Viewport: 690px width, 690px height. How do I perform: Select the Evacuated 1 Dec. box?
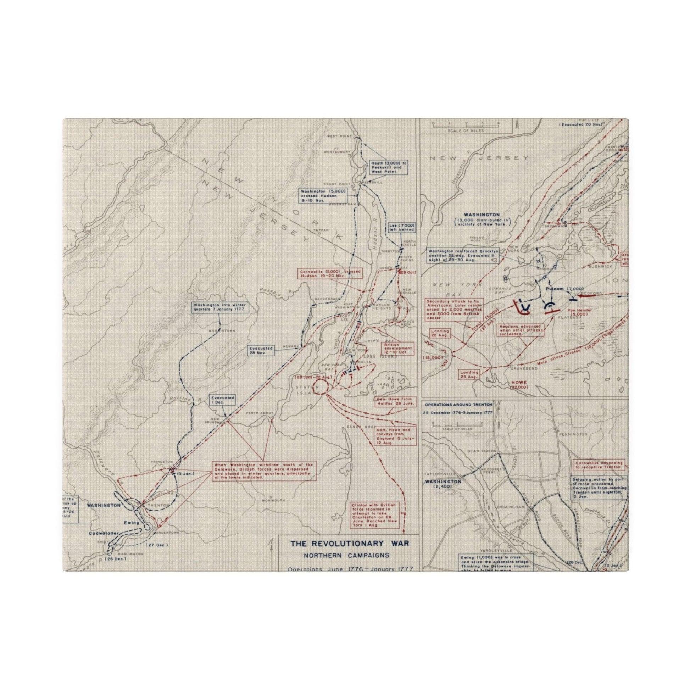pos(223,399)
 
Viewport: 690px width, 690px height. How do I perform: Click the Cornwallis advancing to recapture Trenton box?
pos(599,464)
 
